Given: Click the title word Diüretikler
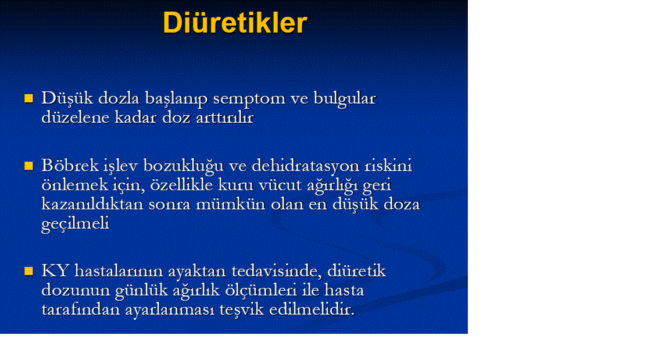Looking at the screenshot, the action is coord(235,23).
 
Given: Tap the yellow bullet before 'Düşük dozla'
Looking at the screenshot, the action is coord(28,98).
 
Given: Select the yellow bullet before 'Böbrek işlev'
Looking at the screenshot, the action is coord(28,166).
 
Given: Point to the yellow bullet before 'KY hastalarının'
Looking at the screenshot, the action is coord(28,271).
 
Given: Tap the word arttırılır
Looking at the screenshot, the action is coord(224,117).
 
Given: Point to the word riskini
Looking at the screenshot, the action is coord(388,165).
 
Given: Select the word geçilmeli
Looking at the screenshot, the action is coord(75,224).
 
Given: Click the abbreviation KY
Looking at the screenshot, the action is coord(55,271).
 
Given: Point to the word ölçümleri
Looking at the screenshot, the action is coord(262,290).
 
